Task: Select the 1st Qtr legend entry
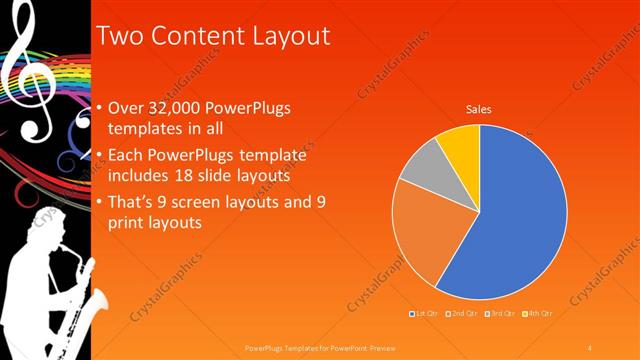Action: coord(425,314)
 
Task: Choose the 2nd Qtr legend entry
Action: coord(462,314)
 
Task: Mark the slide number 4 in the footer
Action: coord(590,347)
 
